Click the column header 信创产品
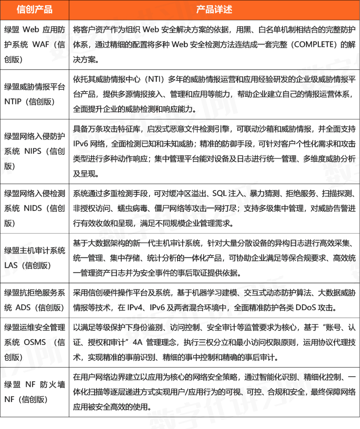coord(34,9)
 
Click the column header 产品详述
coord(214,9)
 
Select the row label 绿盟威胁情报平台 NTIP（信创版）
coord(34,94)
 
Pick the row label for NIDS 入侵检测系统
coord(34,208)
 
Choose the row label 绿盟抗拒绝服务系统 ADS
coord(34,300)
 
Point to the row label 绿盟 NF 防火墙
coord(34,392)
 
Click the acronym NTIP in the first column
coord(13,102)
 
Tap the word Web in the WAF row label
coord(31,30)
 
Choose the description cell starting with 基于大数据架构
coord(214,258)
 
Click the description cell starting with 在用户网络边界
coord(214,392)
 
